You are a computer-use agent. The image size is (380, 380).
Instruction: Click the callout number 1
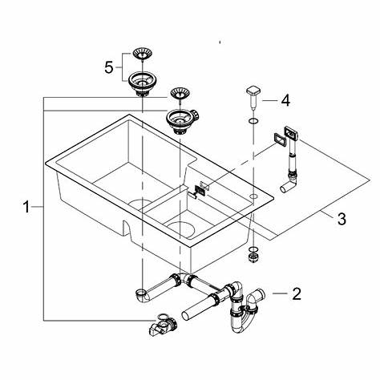point(26,207)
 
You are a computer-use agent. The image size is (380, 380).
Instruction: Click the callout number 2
point(297,293)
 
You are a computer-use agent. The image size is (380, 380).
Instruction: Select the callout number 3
point(342,219)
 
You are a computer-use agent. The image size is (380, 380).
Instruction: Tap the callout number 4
point(285,101)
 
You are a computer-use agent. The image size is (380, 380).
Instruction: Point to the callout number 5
point(109,67)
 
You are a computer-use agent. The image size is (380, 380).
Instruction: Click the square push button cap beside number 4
point(253,92)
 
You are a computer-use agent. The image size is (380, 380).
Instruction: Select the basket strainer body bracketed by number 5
point(142,84)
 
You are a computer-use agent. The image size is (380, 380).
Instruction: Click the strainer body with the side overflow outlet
point(182,121)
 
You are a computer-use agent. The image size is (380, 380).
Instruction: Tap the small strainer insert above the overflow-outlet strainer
point(180,95)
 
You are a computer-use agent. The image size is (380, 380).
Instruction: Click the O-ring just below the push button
point(253,121)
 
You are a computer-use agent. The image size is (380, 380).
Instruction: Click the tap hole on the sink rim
point(253,196)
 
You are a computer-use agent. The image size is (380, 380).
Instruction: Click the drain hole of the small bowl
point(181,229)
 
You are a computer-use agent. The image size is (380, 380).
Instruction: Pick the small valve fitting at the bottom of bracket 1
point(162,325)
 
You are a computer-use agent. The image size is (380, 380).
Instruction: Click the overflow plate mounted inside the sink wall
point(200,191)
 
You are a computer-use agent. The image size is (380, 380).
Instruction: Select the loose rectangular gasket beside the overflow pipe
point(280,139)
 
